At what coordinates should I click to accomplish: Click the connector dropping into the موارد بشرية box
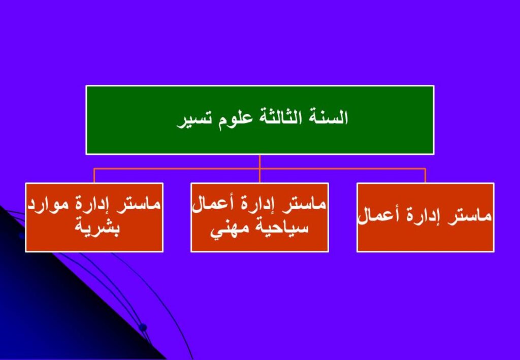pyautogui.click(x=94, y=176)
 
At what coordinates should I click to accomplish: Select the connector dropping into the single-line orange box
pyautogui.click(x=425, y=176)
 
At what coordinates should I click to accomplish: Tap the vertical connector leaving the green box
pyautogui.click(x=259, y=169)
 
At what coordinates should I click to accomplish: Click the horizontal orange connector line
pyautogui.click(x=259, y=169)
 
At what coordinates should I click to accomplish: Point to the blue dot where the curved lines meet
pyautogui.click(x=143, y=328)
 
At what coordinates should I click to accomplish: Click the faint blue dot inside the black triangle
pyautogui.click(x=21, y=236)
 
